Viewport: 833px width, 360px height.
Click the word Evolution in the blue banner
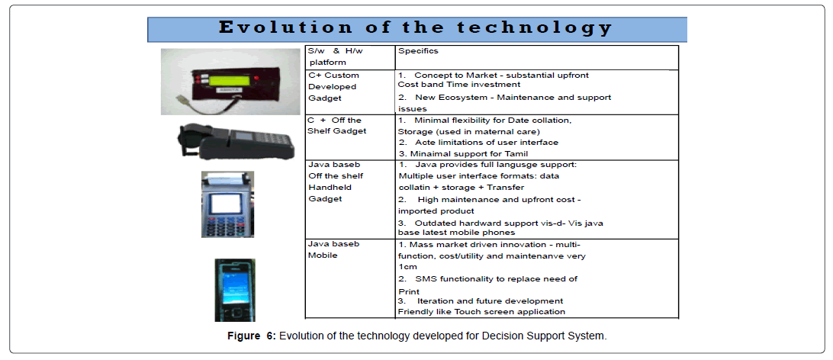point(285,27)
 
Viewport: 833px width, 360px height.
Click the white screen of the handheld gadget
point(227,203)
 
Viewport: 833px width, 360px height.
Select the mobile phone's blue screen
point(234,287)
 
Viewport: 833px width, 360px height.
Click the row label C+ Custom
point(333,76)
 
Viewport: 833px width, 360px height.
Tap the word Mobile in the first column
point(323,255)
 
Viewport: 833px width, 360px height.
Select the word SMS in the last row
point(426,278)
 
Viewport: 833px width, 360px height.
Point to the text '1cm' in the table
point(407,266)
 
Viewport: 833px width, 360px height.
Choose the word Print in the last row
point(409,291)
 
